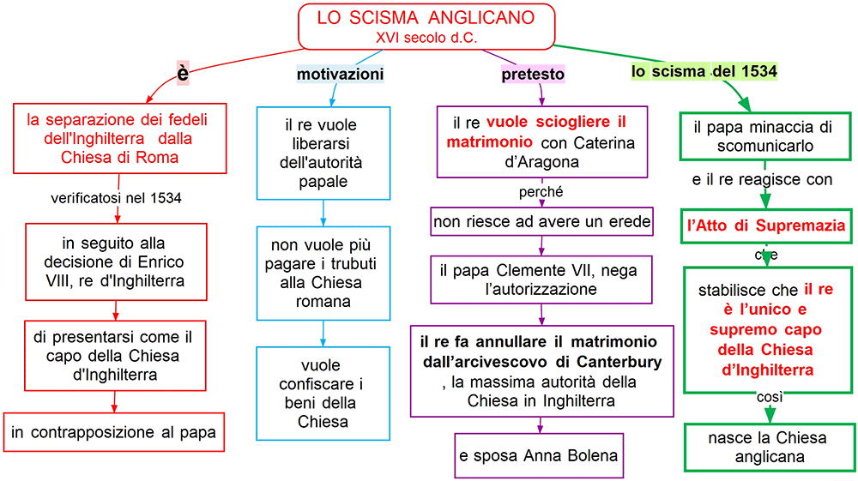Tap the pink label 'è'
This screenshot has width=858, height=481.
pos(183,75)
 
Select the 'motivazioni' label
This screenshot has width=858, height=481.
pos(340,75)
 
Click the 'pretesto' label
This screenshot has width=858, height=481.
pos(533,75)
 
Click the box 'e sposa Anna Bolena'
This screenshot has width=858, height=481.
pos(538,454)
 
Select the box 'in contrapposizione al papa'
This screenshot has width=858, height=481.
pos(114,432)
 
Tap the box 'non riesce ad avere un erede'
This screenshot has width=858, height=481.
pos(541,222)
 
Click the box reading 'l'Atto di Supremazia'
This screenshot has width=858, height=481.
pos(768,226)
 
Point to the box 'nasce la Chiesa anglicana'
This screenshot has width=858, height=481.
pos(768,447)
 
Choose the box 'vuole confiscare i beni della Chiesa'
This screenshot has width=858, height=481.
pos(323,393)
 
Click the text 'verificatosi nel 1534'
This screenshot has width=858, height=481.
pos(117,199)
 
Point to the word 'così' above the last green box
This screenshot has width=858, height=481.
pos(770,397)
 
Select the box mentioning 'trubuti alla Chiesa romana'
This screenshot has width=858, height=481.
pos(323,272)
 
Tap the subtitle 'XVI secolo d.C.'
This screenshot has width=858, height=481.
pos(426,37)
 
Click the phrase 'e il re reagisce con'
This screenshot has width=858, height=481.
pos(762,180)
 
